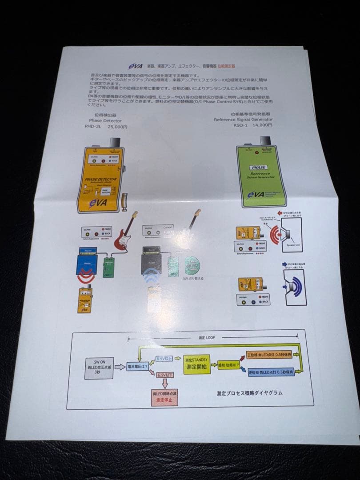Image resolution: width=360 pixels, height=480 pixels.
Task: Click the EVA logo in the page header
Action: [x=135, y=65]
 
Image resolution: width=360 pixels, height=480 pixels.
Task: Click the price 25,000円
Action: [x=118, y=127]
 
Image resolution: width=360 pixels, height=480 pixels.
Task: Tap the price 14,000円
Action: [x=263, y=125]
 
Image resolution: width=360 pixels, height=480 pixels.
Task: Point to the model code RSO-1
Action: [x=241, y=125]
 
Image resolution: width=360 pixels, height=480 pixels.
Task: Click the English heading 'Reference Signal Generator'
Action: [x=243, y=119]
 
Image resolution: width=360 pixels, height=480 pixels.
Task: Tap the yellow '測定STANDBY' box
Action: [x=197, y=364]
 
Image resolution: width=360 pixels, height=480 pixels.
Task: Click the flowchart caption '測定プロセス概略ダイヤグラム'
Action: [x=249, y=393]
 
